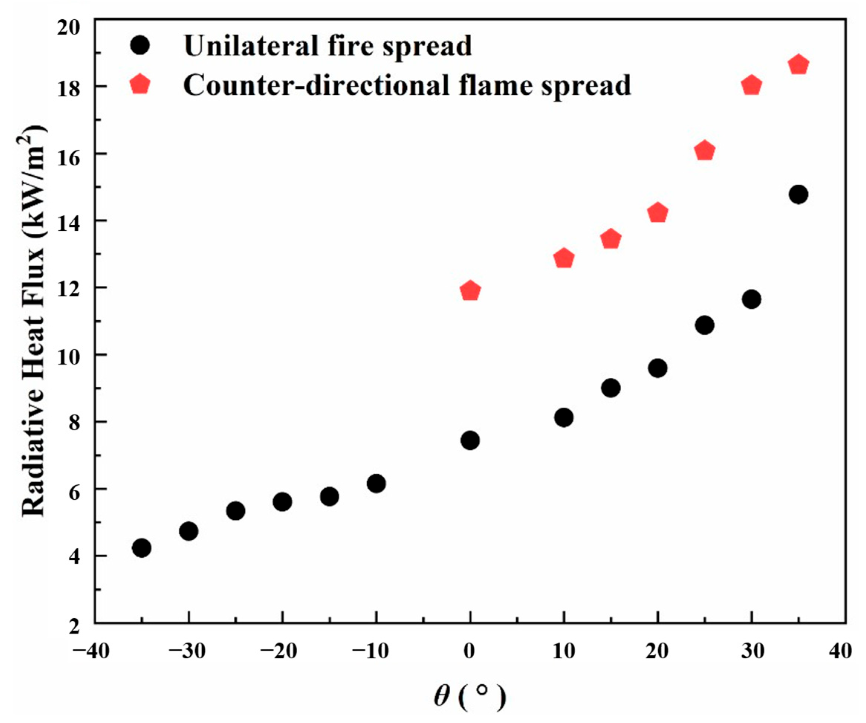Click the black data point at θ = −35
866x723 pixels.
(142, 548)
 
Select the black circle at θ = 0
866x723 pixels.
(470, 441)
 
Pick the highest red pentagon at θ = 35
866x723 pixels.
(798, 65)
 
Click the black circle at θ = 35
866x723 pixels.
(798, 195)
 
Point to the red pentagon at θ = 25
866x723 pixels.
(704, 151)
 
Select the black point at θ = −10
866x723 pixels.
(376, 483)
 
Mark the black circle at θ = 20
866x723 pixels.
(658, 368)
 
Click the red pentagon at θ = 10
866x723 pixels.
(564, 259)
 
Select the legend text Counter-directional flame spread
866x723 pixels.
(407, 85)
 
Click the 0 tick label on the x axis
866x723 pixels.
(469, 651)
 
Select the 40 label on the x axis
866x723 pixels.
(840, 651)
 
